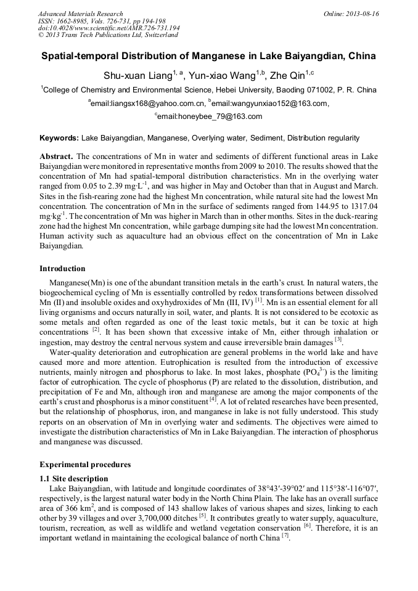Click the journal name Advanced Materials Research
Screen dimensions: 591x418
80,14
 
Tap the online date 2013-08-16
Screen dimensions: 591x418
362,14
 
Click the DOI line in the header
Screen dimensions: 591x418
109,28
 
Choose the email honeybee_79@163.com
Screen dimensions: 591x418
210,116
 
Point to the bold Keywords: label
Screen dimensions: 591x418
59,138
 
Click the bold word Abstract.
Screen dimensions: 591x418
56,157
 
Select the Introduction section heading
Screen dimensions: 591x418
62,269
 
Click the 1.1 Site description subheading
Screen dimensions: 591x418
73,479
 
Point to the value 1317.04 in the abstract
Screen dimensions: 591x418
361,205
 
